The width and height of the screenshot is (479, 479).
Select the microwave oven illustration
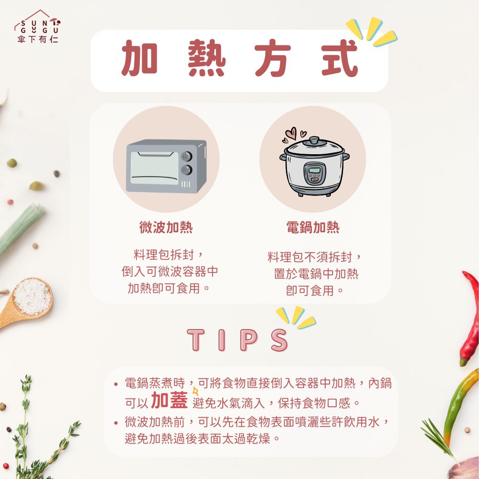click(x=166, y=166)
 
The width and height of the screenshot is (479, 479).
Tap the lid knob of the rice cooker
click(x=314, y=141)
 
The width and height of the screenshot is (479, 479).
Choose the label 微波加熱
click(x=166, y=228)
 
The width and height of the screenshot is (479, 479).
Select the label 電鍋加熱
click(x=312, y=228)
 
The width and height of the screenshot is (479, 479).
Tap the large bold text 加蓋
click(x=169, y=400)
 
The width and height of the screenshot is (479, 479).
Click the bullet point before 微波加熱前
click(x=116, y=423)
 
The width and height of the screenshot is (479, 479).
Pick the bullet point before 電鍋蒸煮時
click(x=116, y=384)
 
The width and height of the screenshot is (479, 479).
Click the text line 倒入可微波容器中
click(x=170, y=272)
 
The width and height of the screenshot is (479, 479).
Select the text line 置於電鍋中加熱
click(x=316, y=274)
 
